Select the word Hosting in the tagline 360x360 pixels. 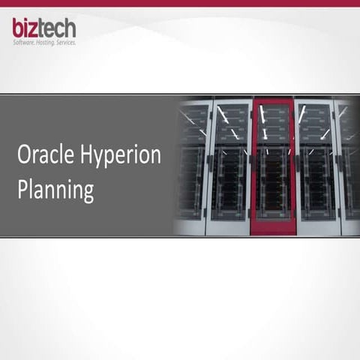49,42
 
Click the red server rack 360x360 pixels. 272,165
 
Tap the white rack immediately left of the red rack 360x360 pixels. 231,165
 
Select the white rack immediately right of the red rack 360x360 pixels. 316,165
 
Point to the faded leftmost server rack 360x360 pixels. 191,165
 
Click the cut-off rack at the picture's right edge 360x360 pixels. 351,165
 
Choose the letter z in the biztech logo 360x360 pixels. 34,29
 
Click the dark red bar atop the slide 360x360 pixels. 180,3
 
